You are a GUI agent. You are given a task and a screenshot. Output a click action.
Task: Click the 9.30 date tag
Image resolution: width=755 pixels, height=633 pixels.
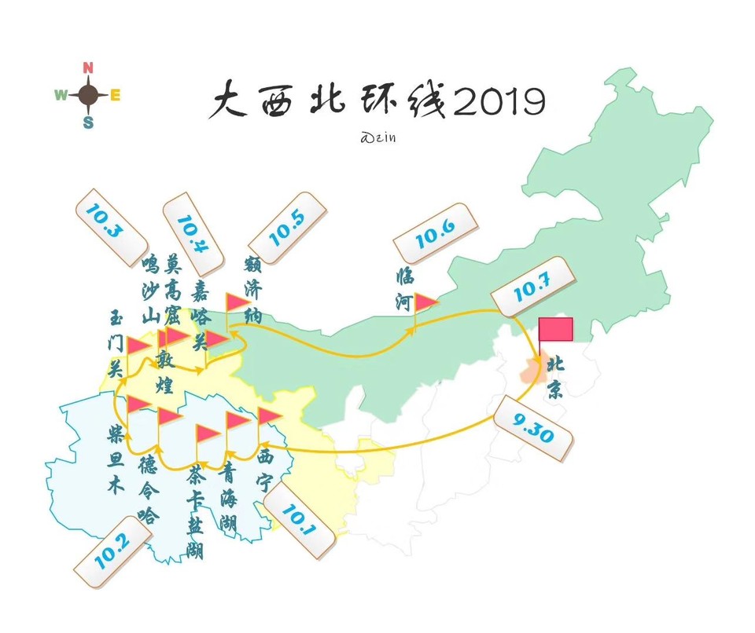534,429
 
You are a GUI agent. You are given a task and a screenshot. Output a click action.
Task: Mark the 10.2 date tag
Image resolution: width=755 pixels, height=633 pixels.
111,553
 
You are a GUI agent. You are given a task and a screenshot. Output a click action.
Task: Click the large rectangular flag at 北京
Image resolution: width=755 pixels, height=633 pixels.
555,329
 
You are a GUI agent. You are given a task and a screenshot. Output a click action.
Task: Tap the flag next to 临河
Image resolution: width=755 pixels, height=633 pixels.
425,302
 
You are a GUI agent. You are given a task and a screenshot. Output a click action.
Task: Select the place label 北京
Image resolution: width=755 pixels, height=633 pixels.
555,377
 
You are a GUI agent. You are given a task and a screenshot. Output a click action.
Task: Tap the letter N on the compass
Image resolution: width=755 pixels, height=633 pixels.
88,68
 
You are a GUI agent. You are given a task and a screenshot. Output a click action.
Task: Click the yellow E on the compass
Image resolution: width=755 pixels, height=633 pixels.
115,96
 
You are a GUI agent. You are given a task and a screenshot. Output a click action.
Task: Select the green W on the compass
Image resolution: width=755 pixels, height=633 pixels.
61,95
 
